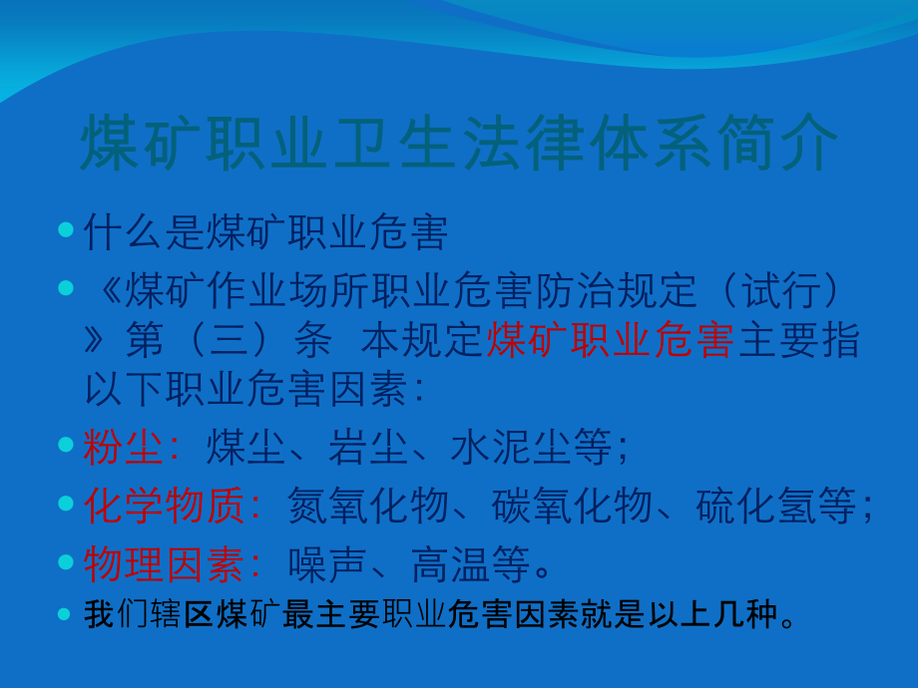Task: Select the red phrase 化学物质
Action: coord(164,507)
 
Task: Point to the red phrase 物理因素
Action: coord(164,565)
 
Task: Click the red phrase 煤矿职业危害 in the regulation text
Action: coord(611,341)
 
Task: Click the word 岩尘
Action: coord(368,449)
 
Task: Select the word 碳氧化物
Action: coord(573,507)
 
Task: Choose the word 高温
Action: coord(451,565)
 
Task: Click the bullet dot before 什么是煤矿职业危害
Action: coord(66,230)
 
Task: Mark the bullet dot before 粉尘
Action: coord(66,446)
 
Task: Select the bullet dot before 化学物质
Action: coord(66,504)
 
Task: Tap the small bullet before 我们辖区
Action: coord(66,613)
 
